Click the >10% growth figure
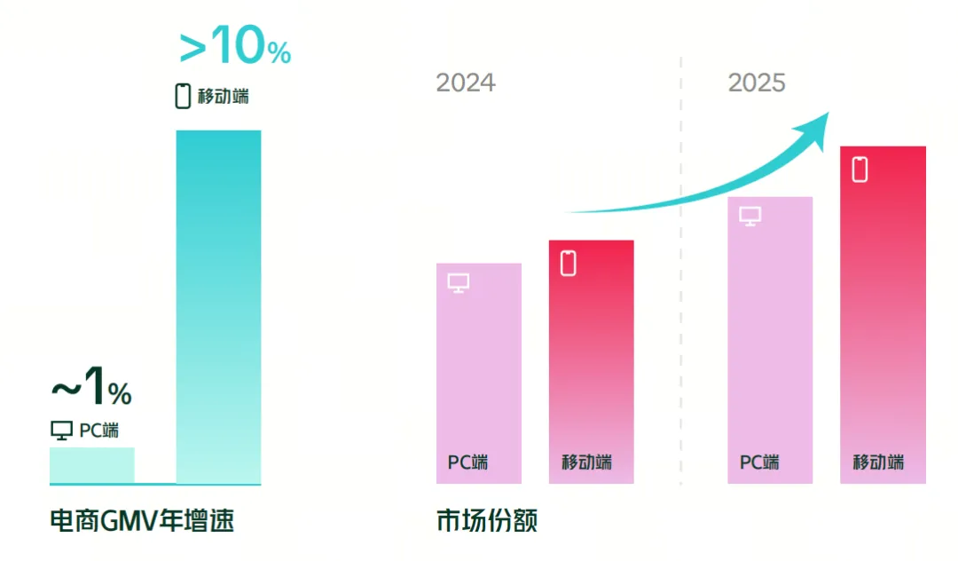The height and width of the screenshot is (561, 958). (x=235, y=48)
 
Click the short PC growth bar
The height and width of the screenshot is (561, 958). (x=91, y=465)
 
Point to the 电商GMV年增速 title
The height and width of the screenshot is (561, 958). (x=142, y=520)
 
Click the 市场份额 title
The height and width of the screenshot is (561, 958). (x=487, y=520)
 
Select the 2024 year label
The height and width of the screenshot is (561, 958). (x=466, y=83)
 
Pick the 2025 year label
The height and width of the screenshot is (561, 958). (x=757, y=83)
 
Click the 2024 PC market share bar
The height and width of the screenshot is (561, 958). (x=478, y=373)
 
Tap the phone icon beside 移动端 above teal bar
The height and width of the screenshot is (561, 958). (x=183, y=96)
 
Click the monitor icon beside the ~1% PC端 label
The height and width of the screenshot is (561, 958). (x=61, y=431)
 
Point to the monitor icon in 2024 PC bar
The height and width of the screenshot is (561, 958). (x=459, y=283)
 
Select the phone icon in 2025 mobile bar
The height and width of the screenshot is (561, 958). (x=860, y=169)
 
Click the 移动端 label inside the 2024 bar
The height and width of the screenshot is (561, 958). (x=586, y=462)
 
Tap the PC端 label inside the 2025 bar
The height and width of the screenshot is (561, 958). (x=759, y=462)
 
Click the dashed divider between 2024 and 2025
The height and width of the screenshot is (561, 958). (x=681, y=266)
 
